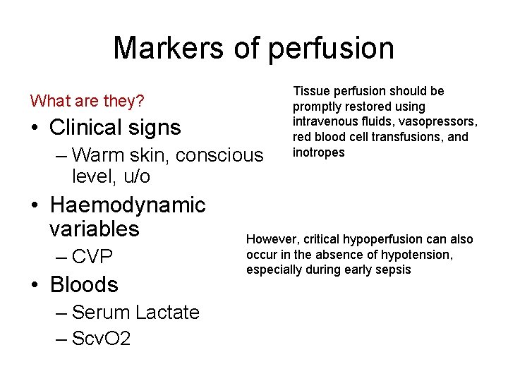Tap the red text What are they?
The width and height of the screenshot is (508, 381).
tap(87, 102)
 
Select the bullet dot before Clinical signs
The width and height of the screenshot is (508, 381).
tap(35, 128)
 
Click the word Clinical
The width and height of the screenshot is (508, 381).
tap(87, 128)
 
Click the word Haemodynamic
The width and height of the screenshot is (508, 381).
tap(128, 205)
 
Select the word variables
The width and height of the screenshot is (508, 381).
tap(95, 229)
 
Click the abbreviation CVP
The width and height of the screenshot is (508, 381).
tap(92, 257)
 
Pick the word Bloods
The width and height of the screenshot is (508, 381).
tap(84, 284)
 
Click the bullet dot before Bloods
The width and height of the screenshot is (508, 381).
tap(35, 285)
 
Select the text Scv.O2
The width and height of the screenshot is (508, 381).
tap(101, 339)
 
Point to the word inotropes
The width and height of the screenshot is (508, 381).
tap(319, 153)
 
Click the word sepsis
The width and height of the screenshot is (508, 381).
tap(393, 270)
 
